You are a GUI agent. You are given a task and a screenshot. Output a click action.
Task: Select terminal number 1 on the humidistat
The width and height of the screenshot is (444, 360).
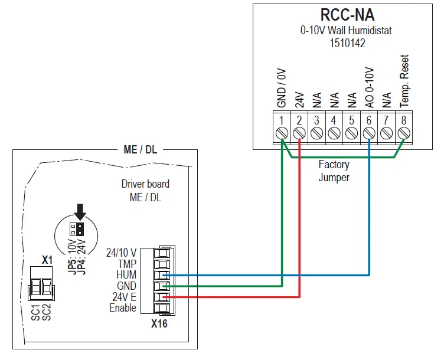coord(282,120)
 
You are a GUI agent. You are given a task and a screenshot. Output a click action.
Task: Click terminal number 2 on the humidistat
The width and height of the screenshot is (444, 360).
coord(299,120)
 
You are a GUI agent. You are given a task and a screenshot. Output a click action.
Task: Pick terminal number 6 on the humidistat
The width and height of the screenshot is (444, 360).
coord(369,120)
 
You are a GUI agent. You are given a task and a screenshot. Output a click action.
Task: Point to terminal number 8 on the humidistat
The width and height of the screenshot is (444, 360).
coord(404,120)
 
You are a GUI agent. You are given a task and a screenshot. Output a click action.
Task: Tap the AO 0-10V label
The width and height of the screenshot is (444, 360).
coord(369,87)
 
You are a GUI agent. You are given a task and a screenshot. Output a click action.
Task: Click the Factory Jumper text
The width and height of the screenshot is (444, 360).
coord(334,171)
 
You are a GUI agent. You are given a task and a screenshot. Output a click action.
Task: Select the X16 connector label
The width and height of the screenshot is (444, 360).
coord(159,323)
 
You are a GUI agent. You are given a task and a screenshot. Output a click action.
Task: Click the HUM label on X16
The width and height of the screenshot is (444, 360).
coord(126,274)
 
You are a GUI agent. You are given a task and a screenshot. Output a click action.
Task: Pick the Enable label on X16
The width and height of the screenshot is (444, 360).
coord(122,307)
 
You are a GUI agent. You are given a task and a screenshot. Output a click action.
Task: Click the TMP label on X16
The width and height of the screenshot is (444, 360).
coord(127,264)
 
